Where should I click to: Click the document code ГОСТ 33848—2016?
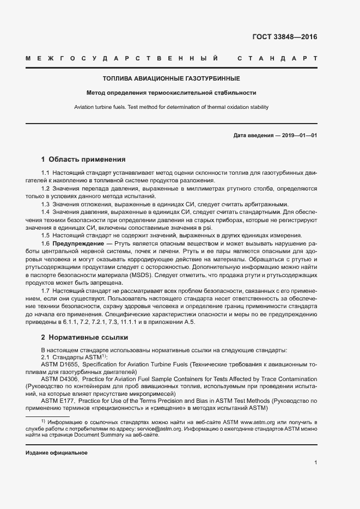[285, 37]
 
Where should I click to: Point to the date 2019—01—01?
[299, 135]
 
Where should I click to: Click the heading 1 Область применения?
[83, 160]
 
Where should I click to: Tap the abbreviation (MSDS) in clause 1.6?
[142, 274]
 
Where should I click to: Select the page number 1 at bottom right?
[315, 463]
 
